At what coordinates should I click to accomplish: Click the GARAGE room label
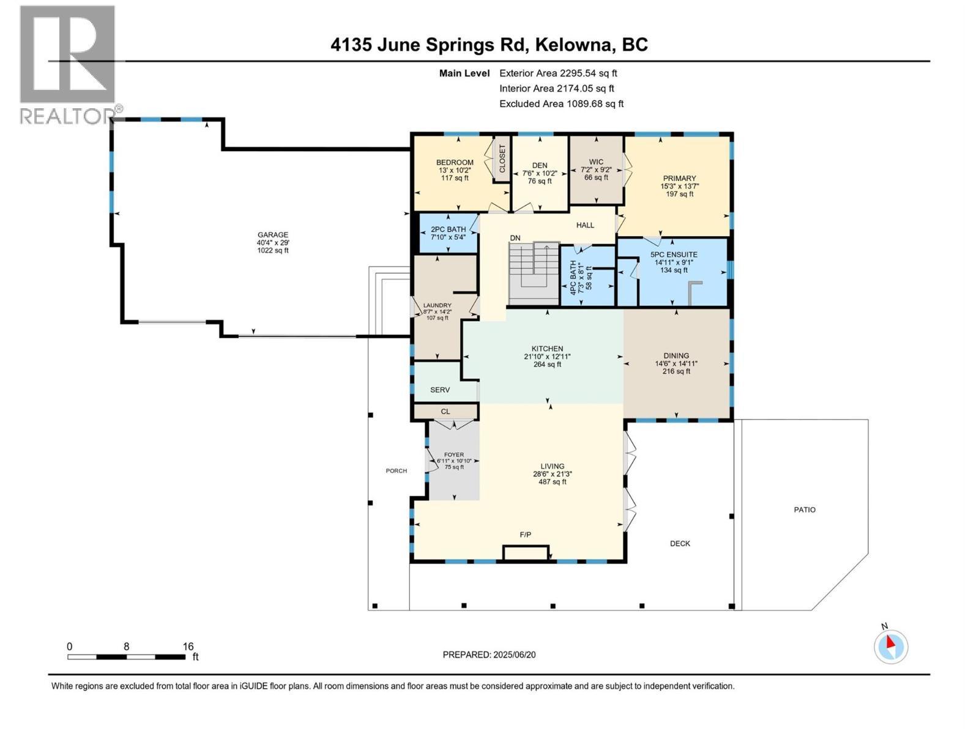272,235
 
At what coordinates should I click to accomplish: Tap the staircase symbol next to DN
534,273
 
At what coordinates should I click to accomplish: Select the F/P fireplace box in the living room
526,553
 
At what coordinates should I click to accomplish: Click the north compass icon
891,647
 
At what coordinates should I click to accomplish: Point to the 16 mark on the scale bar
187,647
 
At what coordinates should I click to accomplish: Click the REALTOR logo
67,64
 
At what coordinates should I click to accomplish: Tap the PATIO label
805,510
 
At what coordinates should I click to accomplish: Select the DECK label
680,543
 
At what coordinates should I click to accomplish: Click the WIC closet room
596,170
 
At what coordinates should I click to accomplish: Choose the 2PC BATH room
449,233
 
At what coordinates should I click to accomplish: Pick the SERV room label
440,390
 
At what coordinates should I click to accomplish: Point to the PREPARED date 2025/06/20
513,654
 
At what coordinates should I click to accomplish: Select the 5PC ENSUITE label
674,254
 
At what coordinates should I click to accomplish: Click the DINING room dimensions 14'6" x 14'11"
676,363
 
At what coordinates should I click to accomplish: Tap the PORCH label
396,470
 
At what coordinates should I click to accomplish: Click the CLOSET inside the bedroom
502,158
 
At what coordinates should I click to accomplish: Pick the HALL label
585,225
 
